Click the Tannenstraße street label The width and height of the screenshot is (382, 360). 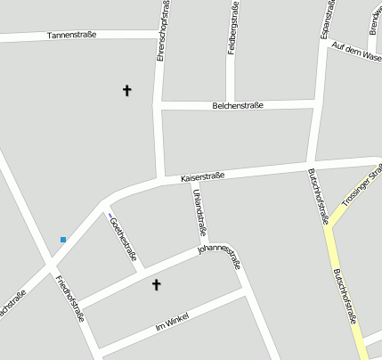(x=72, y=35)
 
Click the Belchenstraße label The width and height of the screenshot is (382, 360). (x=237, y=105)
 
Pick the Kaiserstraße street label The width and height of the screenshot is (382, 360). (x=202, y=177)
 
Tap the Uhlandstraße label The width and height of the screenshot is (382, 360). (x=199, y=213)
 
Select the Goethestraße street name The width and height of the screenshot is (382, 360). (x=123, y=240)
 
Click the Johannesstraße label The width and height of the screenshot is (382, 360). (x=219, y=254)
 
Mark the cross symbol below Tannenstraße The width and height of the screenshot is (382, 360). (x=126, y=90)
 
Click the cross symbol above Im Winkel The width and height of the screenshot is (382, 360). (x=157, y=284)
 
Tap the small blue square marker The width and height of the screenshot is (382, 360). (x=63, y=239)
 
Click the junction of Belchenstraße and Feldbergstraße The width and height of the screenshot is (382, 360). (x=230, y=104)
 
